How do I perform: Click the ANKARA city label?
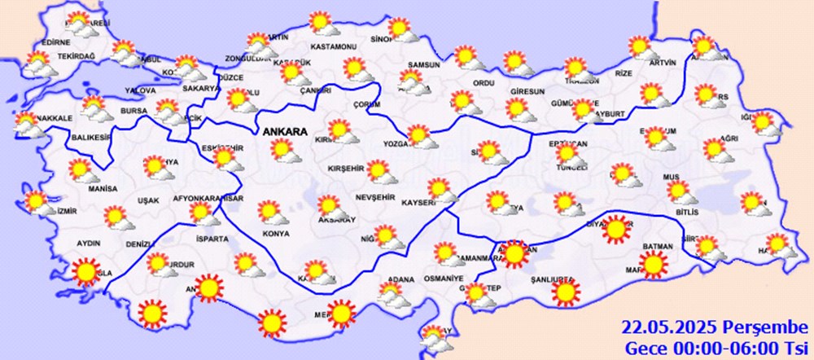pyautogui.click(x=284, y=131)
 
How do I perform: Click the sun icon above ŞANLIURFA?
pyautogui.click(x=566, y=291)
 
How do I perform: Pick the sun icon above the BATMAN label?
pyautogui.click(x=652, y=264)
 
